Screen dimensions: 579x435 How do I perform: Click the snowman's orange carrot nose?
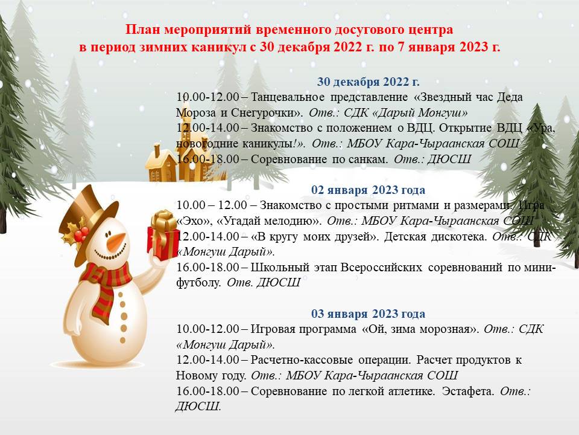116,242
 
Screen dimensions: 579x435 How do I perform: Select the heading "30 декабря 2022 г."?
368,82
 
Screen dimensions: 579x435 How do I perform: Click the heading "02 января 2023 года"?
368,190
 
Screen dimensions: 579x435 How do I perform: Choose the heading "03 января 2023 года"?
368,314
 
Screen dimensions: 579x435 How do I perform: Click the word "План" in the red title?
142,30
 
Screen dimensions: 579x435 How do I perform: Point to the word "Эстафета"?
468,391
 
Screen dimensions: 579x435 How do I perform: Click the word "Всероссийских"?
381,268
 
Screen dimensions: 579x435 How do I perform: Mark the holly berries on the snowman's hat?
81,233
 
